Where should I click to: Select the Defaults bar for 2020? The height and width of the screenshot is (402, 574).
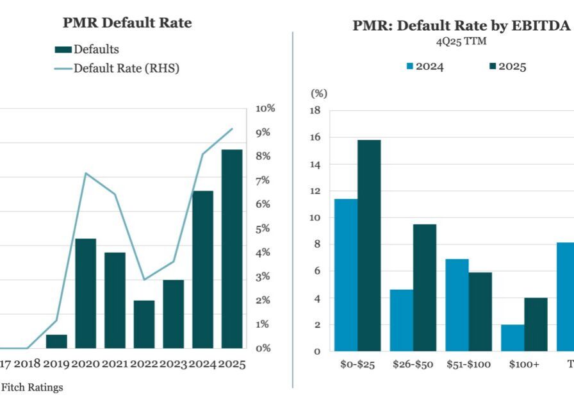(x=86, y=293)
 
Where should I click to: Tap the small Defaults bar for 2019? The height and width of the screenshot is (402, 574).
(x=56, y=341)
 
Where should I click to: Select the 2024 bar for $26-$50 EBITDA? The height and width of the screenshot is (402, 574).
(x=402, y=320)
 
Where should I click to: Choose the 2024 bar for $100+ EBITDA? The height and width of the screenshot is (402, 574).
(x=512, y=337)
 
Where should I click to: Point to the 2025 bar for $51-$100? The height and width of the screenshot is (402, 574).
(x=480, y=312)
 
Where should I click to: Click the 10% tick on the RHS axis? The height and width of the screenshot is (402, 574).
(x=265, y=108)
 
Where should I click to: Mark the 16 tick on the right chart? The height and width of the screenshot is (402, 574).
(x=315, y=138)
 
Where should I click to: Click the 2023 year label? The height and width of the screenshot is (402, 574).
(x=174, y=364)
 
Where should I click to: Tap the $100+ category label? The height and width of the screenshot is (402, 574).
(x=524, y=364)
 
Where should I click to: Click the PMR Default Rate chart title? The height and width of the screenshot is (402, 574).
(x=127, y=23)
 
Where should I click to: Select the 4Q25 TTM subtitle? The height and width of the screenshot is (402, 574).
(x=452, y=42)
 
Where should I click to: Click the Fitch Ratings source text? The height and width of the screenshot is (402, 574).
(x=32, y=387)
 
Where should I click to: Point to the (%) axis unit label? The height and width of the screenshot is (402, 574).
(x=318, y=94)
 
